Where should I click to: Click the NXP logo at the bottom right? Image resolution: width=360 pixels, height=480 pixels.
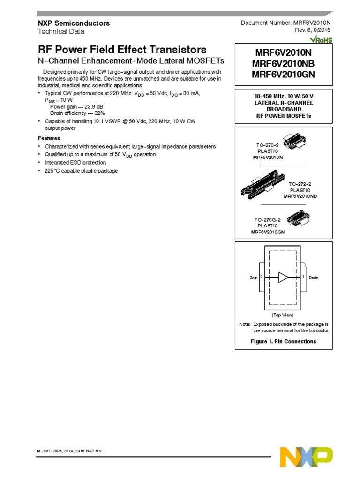(x=306, y=457)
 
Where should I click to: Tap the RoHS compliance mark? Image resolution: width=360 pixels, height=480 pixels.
(x=322, y=40)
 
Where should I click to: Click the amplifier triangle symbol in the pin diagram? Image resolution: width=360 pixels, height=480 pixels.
(x=284, y=277)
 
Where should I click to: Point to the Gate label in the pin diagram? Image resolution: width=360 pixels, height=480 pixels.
(x=254, y=277)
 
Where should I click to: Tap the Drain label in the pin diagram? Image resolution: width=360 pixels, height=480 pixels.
(x=314, y=277)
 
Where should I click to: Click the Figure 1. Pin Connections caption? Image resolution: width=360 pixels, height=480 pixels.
(x=283, y=341)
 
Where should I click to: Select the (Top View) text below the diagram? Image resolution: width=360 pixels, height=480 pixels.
(x=283, y=315)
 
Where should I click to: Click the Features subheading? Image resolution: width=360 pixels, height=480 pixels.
(x=49, y=138)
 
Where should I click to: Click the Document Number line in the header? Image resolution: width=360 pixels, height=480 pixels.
(x=286, y=23)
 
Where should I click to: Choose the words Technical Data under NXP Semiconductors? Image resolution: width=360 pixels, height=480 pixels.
(x=61, y=31)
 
